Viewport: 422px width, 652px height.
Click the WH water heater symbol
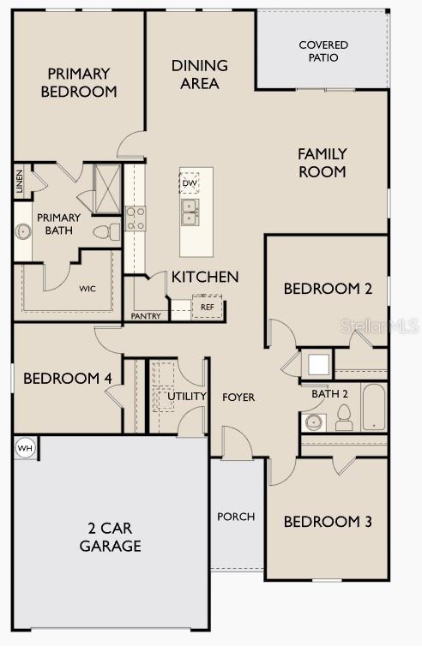point(25,447)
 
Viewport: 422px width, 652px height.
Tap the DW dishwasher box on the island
point(190,182)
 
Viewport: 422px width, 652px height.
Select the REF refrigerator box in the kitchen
point(207,307)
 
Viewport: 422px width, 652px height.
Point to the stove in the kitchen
point(136,218)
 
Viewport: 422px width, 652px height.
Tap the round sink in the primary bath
point(22,230)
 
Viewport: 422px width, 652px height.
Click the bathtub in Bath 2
point(374,409)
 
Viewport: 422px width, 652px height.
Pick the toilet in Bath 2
point(345,418)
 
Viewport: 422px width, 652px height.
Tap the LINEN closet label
point(19,182)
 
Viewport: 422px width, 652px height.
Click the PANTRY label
point(146,316)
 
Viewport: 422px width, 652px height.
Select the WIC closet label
point(88,289)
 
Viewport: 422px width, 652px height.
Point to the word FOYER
point(238,398)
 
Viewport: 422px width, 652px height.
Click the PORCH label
point(236,516)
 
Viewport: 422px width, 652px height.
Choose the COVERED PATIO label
point(318,51)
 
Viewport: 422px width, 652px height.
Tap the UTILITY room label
point(187,397)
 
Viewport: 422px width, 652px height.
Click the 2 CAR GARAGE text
point(111,537)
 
